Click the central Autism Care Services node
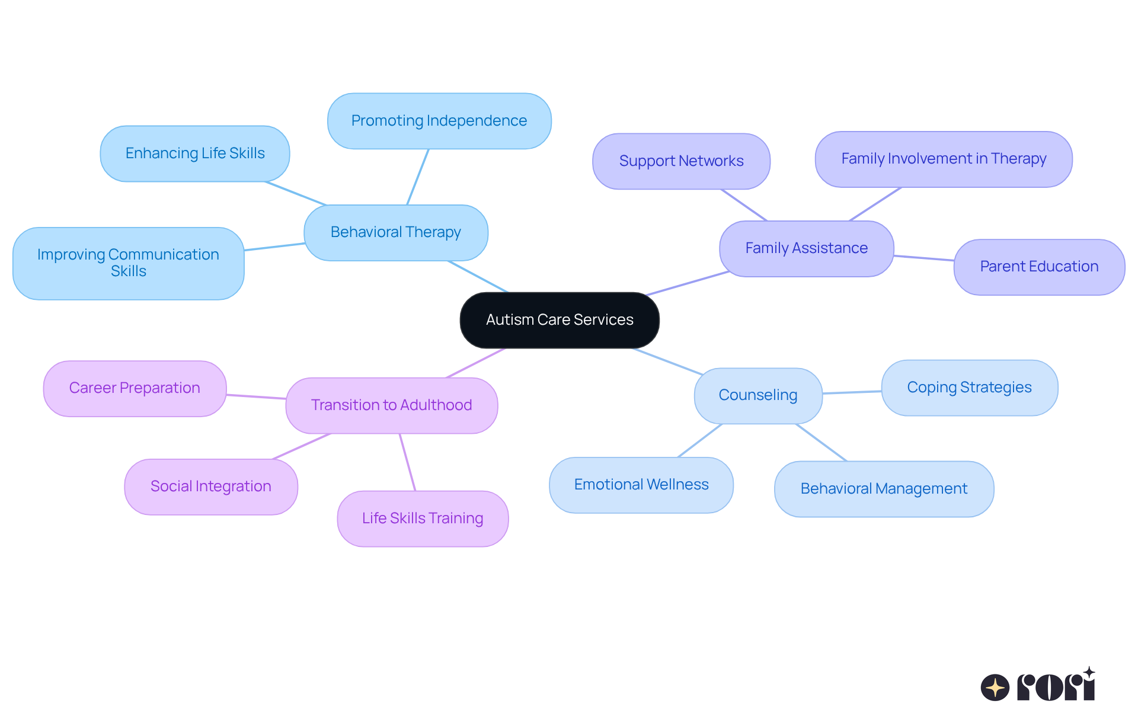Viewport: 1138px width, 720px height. click(560, 320)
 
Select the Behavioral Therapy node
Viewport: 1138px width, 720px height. click(396, 232)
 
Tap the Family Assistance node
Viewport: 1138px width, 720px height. click(806, 248)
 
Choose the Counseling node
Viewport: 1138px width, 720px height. click(758, 395)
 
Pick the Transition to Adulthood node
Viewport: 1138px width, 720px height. click(391, 405)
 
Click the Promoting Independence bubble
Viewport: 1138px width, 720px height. click(439, 121)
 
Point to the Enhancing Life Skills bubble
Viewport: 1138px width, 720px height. click(195, 153)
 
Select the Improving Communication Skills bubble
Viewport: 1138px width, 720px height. click(128, 263)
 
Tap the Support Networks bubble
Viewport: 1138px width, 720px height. click(681, 161)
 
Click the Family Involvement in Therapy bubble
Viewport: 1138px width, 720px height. click(944, 159)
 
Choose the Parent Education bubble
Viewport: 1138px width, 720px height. click(1039, 267)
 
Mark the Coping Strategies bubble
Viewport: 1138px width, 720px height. click(969, 388)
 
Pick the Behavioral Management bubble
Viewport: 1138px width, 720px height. click(884, 489)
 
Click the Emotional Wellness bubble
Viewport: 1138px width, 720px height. click(641, 485)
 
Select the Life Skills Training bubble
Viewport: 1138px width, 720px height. click(423, 519)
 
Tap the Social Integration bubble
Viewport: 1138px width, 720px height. click(211, 487)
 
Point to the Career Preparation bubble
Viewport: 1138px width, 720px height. click(135, 388)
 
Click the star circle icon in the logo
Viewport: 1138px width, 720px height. click(995, 687)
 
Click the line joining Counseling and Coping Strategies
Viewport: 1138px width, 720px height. click(852, 392)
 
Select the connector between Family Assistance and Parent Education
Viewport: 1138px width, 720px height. click(923, 258)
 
